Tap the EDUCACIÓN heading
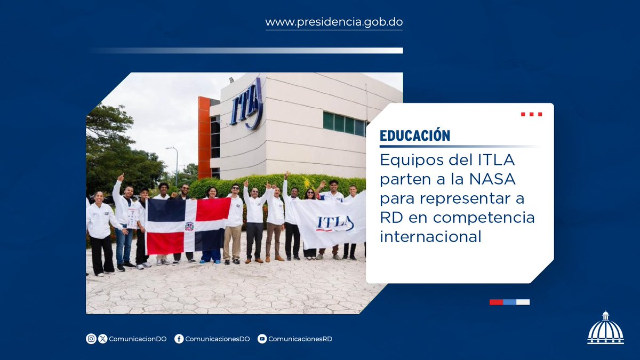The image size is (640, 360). click(x=415, y=135)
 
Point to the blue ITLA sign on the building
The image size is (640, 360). click(x=246, y=105)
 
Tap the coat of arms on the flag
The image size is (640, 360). click(x=189, y=226)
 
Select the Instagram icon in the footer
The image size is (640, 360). click(x=91, y=339)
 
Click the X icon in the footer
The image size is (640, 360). click(x=103, y=339)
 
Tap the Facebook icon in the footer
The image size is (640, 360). click(x=179, y=339)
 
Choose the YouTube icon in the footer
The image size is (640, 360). click(x=262, y=339)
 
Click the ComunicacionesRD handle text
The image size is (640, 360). click(x=300, y=339)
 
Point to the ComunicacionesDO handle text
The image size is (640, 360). click(x=217, y=339)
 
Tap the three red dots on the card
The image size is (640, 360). click(x=531, y=114)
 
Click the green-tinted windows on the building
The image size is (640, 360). click(x=344, y=124)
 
